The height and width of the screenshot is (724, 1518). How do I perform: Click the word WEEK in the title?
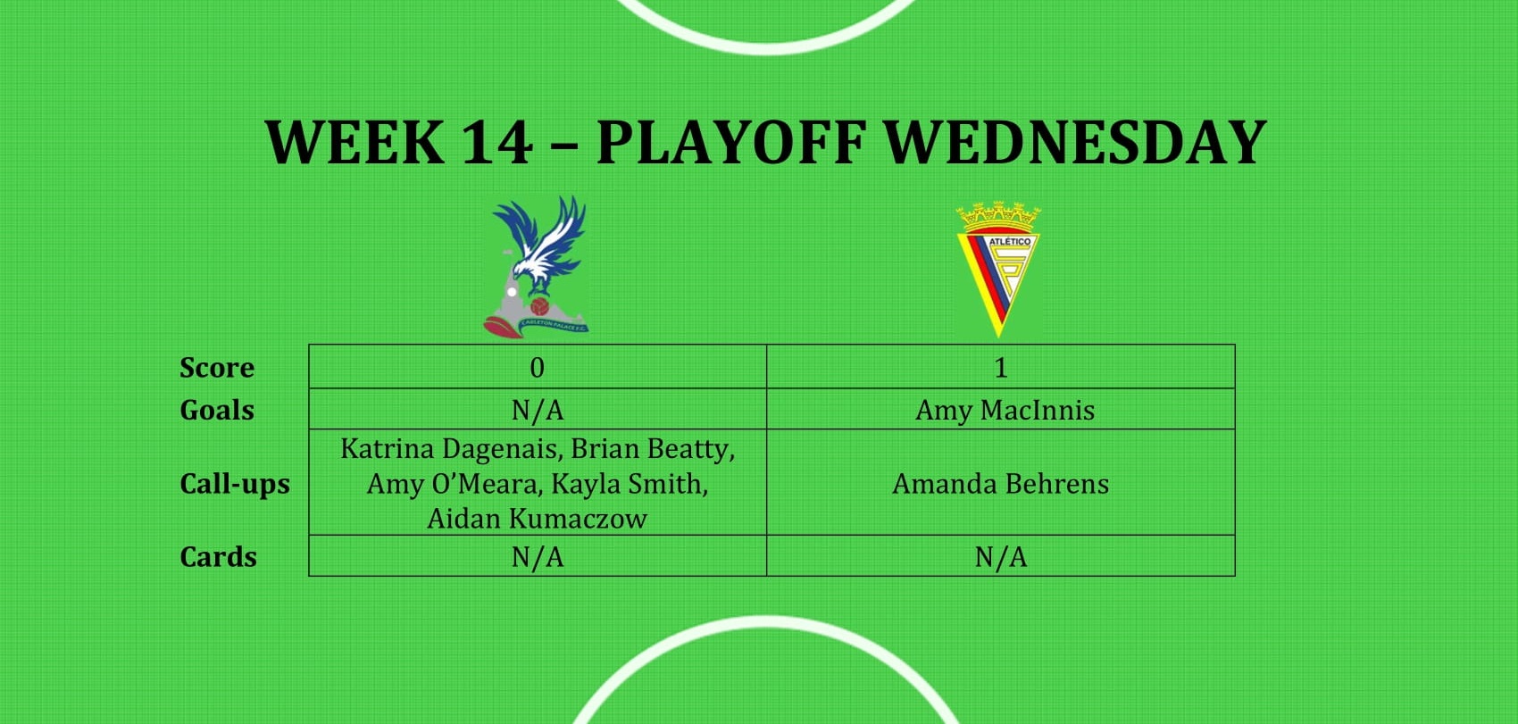[354, 142]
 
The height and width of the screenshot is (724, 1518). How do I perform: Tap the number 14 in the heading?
[496, 142]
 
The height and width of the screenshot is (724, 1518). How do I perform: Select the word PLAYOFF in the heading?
[731, 142]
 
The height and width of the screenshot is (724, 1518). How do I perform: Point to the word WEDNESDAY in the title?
[1075, 142]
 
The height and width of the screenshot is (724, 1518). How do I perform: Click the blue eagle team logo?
[537, 267]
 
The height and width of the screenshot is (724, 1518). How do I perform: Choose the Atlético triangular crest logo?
[998, 269]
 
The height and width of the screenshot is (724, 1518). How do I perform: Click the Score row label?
[217, 368]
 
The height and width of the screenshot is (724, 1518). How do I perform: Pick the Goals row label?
[217, 411]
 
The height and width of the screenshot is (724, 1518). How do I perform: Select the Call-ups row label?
[235, 484]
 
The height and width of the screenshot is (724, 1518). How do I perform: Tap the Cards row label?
[218, 557]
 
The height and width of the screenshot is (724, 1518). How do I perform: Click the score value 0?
[538, 368]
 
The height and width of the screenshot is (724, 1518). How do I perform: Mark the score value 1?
[1001, 368]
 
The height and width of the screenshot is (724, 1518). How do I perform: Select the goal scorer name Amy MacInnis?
[1005, 411]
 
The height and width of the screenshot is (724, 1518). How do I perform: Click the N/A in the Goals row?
[538, 411]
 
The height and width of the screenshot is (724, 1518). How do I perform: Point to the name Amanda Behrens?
[1001, 484]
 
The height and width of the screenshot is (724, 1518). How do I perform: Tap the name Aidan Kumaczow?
[538, 519]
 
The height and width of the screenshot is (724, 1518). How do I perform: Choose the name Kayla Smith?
[630, 484]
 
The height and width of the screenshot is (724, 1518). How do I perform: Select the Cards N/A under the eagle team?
[538, 557]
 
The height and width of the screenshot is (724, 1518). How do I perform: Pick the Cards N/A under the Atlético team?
[1001, 557]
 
